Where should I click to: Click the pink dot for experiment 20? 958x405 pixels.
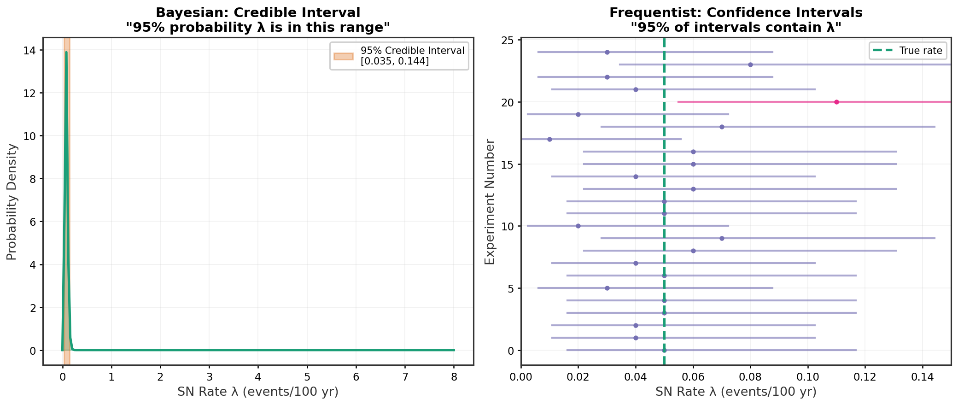tap(836, 102)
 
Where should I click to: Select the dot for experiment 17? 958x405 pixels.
tap(549, 139)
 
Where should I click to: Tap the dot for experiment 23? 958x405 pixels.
tap(750, 65)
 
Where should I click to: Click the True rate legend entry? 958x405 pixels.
tap(907, 51)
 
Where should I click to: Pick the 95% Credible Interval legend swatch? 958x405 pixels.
tap(343, 56)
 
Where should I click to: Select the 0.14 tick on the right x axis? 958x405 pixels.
tap(922, 376)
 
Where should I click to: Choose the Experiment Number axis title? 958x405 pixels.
tap(490, 202)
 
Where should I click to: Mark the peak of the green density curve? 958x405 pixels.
tap(66, 52)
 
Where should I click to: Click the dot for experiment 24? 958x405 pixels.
tap(607, 52)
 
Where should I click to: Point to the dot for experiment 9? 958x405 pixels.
tap(722, 238)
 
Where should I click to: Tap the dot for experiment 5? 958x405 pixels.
tap(607, 288)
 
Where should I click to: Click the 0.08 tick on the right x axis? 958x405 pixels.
tap(750, 376)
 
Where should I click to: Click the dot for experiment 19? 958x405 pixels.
tap(578, 114)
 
